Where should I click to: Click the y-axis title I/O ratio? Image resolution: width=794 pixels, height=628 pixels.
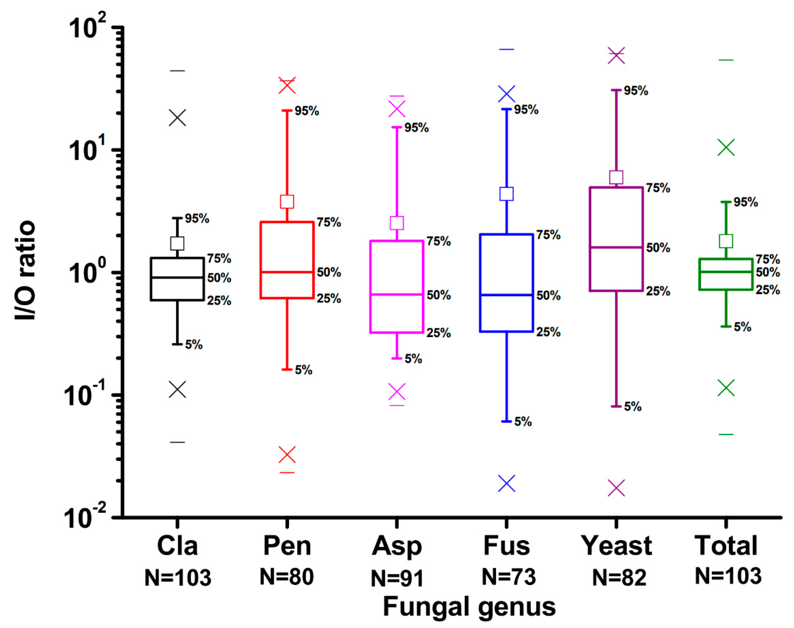(25, 270)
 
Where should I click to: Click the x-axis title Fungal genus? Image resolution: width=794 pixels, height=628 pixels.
(469, 607)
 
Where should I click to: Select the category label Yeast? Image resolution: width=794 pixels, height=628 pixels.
(616, 546)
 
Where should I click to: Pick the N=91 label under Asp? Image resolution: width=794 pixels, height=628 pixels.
(397, 578)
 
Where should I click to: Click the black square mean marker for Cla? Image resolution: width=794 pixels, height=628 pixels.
(177, 243)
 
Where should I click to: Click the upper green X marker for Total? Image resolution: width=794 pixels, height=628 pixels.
(726, 147)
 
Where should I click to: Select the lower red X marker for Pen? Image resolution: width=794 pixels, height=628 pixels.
(287, 455)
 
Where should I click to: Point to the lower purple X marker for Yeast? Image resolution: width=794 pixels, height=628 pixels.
(616, 488)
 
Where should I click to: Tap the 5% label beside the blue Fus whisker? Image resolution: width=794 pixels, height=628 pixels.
(523, 422)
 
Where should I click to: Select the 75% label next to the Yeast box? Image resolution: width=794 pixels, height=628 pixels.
(658, 188)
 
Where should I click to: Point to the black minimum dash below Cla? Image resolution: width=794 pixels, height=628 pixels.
(177, 442)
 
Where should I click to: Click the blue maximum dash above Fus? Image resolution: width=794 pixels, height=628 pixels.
(506, 49)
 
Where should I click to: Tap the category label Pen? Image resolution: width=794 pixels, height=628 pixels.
(287, 546)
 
